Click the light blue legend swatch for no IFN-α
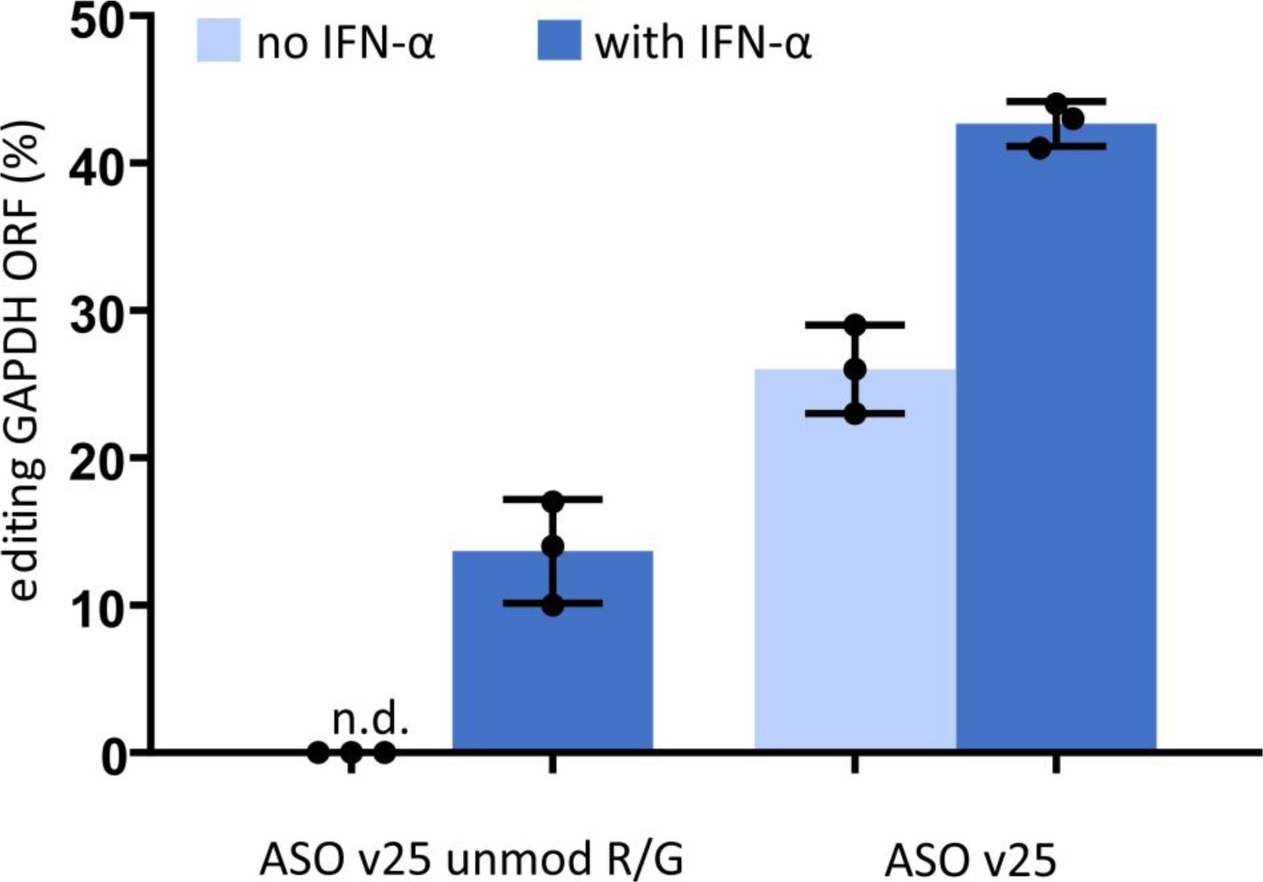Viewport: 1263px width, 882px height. (219, 43)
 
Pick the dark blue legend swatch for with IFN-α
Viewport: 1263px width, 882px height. (559, 43)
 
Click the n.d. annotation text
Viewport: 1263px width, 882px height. (370, 721)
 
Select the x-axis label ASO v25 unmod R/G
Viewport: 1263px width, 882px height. (472, 859)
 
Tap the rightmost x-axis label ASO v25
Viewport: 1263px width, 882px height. (971, 859)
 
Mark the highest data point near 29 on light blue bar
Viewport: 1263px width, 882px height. (855, 325)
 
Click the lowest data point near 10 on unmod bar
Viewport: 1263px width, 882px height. (553, 606)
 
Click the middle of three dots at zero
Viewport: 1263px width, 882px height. (352, 754)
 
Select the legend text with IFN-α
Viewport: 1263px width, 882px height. (702, 43)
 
